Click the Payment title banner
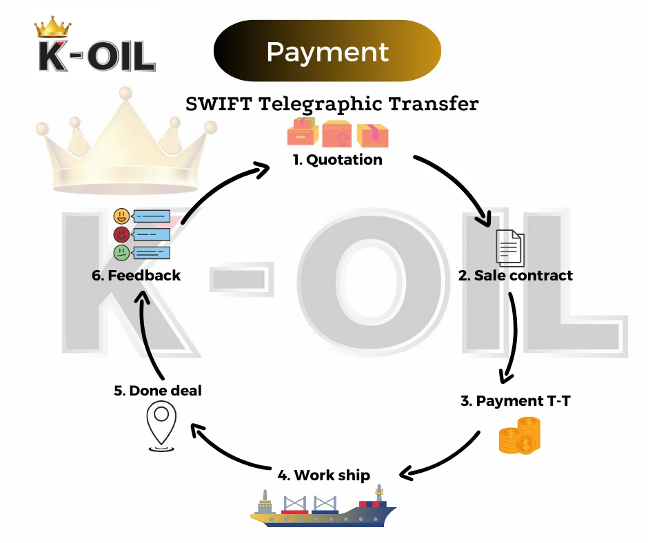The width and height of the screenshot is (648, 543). pos(327,52)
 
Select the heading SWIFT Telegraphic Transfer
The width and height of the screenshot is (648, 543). pos(332,104)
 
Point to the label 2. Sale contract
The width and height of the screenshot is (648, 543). pos(516,275)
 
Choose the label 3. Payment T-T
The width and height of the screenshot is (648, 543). pos(516,400)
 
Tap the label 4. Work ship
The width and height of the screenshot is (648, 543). pos(323,475)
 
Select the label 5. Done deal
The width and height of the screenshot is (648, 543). pos(158,391)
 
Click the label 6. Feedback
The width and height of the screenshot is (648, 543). pos(136,275)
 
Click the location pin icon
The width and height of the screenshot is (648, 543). pos(161,426)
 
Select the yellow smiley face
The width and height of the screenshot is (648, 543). pos(121,216)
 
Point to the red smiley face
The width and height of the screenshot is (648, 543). pos(121,234)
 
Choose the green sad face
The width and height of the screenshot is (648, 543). pos(121,252)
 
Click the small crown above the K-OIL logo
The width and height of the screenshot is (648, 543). pos(52,28)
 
